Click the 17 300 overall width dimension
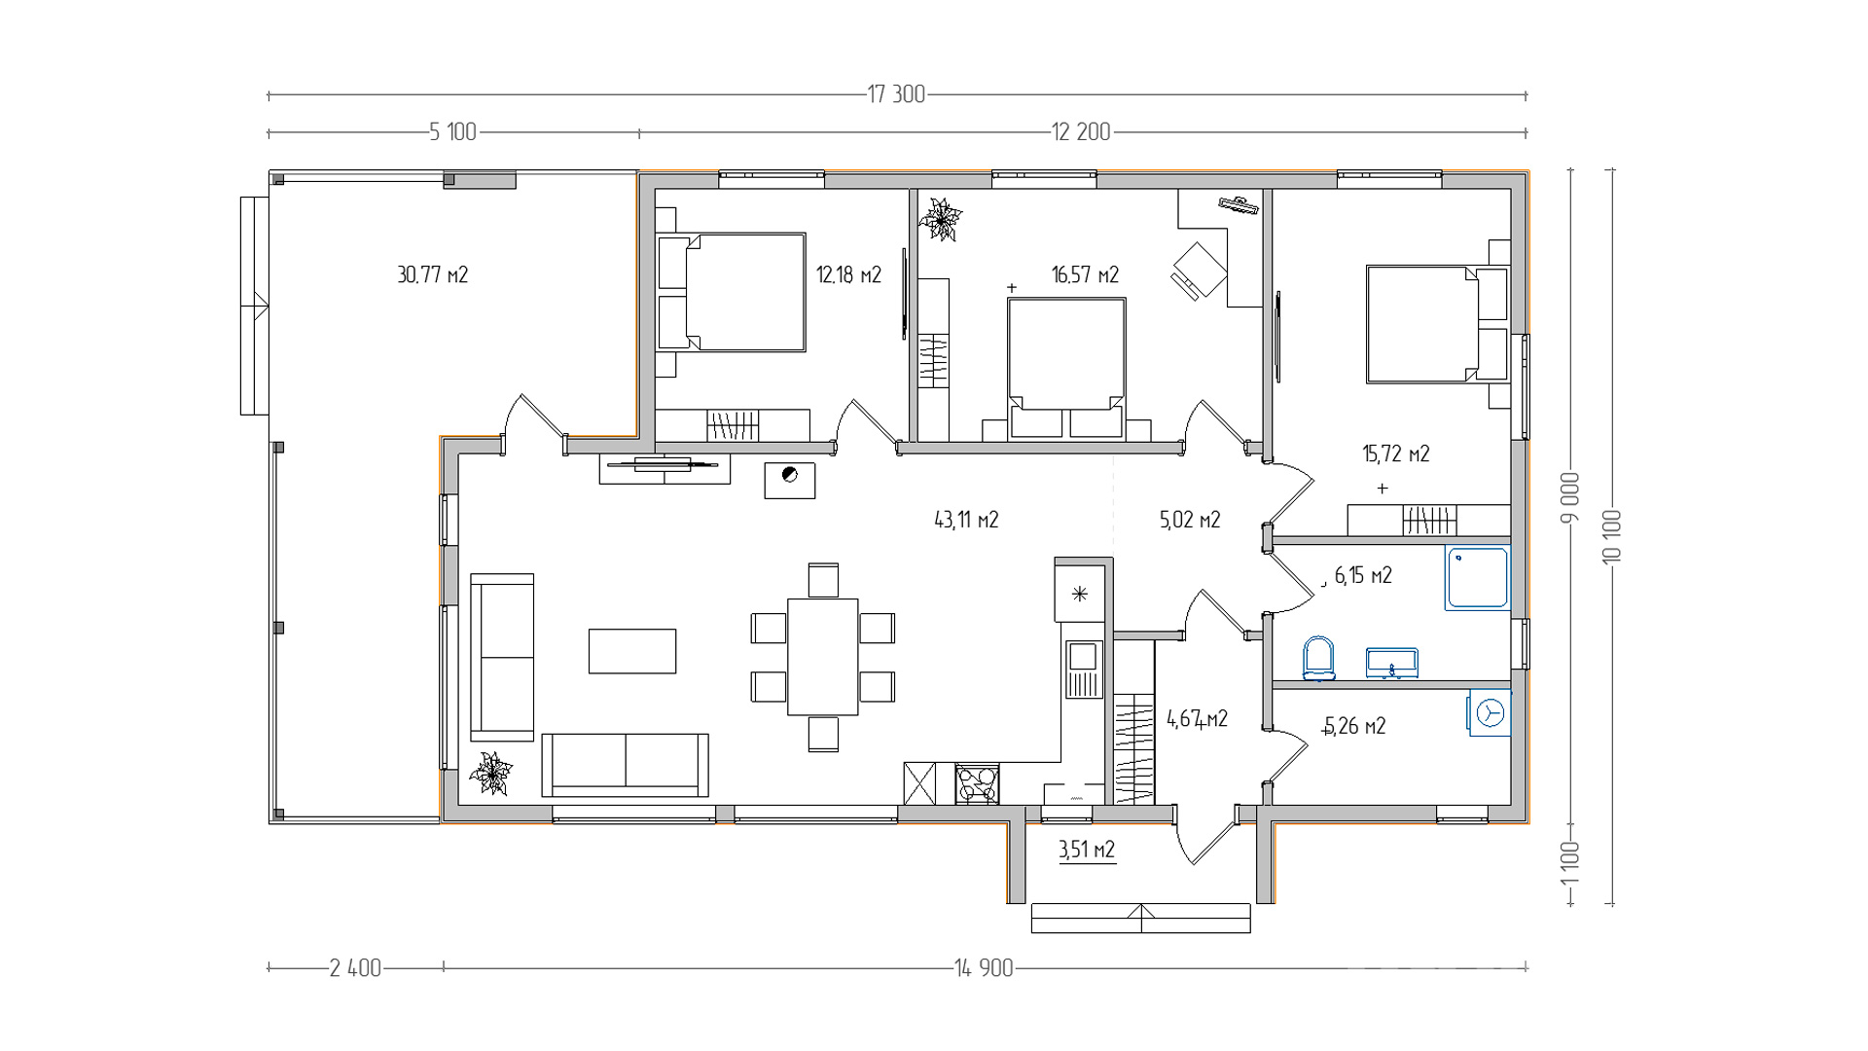pyautogui.click(x=896, y=94)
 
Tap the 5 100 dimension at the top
pyautogui.click(x=453, y=132)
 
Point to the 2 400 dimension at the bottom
pyautogui.click(x=355, y=968)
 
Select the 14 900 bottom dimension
pyautogui.click(x=984, y=968)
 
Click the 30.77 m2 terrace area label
pyautogui.click(x=433, y=275)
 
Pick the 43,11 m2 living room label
pyautogui.click(x=966, y=520)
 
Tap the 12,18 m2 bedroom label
pyautogui.click(x=848, y=275)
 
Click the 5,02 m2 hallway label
pyautogui.click(x=1190, y=520)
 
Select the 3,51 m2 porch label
pyautogui.click(x=1087, y=850)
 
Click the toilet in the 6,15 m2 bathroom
pyautogui.click(x=1318, y=659)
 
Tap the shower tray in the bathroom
pyautogui.click(x=1477, y=578)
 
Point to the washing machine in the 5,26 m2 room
pyautogui.click(x=1489, y=713)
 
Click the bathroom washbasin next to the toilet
pyautogui.click(x=1391, y=663)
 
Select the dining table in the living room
pyautogui.click(x=823, y=657)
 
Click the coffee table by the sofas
pyautogui.click(x=632, y=651)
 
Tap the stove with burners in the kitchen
pyautogui.click(x=977, y=783)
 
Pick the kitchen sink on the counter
pyautogui.click(x=1083, y=670)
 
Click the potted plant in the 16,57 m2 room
pyautogui.click(x=941, y=219)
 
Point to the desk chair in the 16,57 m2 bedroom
pyautogui.click(x=1200, y=270)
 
